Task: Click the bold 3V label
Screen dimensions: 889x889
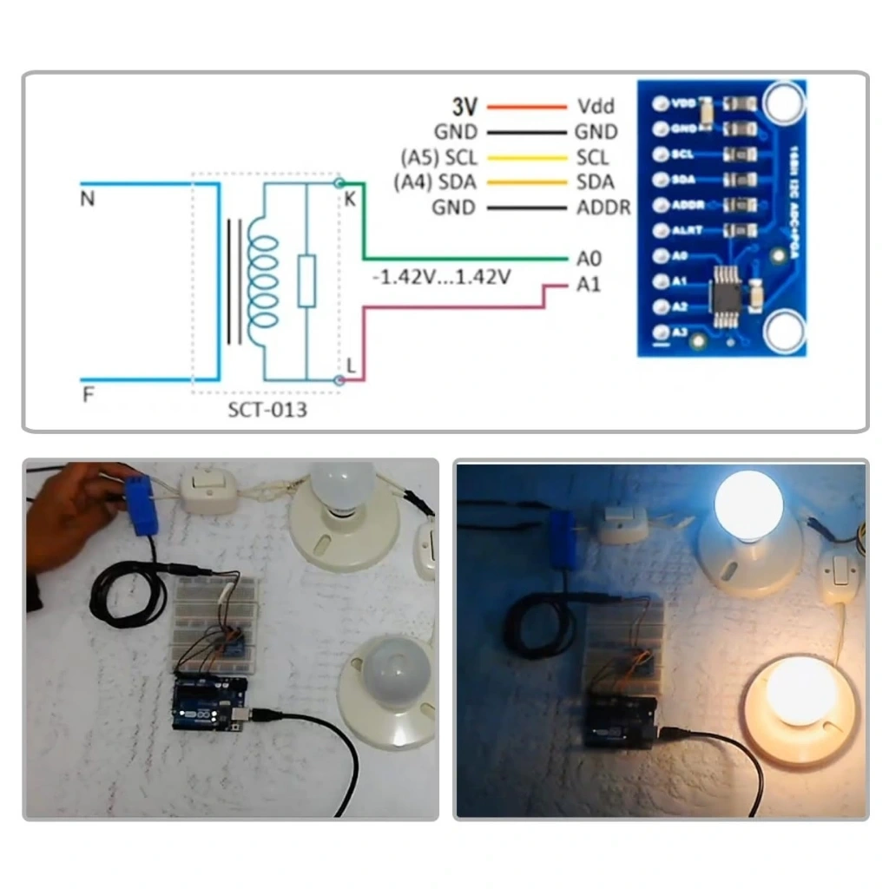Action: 464,107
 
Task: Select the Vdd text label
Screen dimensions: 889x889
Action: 596,107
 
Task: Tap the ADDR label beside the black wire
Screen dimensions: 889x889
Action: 603,208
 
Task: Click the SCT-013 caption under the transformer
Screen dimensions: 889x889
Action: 267,409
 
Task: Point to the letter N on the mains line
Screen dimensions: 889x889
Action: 87,200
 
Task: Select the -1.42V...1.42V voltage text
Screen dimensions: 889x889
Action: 440,278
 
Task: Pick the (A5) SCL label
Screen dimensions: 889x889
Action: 438,158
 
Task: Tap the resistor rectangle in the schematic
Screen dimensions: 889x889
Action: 306,280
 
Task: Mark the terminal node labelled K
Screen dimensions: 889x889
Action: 339,183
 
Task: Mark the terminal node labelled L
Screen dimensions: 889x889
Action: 339,380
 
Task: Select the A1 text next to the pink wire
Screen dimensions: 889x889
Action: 588,285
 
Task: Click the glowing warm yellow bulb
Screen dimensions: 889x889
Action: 800,692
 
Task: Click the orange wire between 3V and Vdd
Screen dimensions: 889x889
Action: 526,108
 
